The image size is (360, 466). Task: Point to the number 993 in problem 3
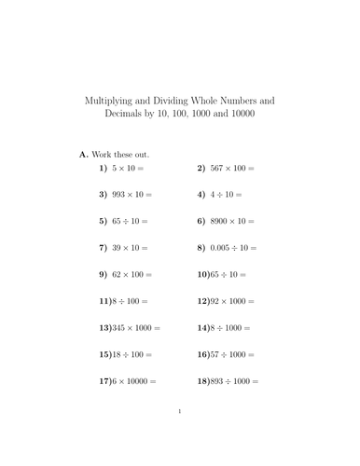tap(118, 196)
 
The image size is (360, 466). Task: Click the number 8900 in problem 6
tap(222, 222)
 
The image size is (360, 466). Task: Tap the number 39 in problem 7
tap(117, 249)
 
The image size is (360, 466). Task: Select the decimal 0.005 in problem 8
tap(222, 249)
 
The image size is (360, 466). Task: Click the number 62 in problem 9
tap(117, 276)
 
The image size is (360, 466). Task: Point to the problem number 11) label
tap(104, 302)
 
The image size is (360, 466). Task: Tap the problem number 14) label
tap(204, 329)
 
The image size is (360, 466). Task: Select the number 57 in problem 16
tap(217, 355)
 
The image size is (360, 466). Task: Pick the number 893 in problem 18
tap(220, 382)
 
